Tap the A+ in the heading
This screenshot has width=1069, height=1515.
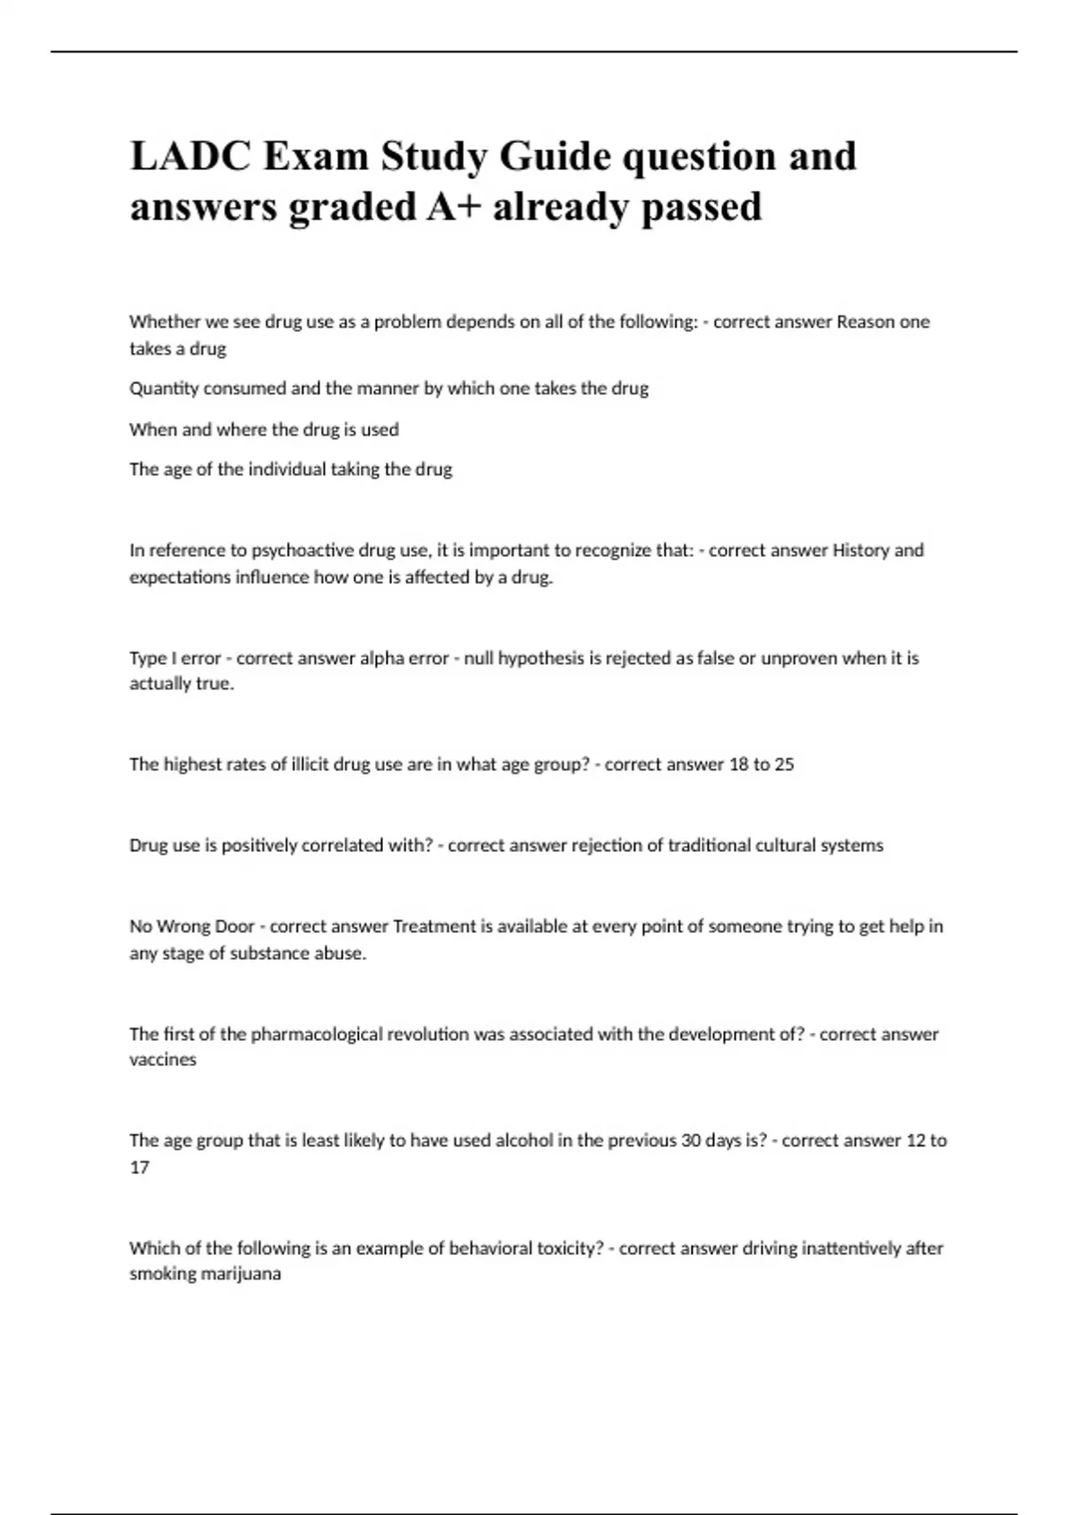[453, 207]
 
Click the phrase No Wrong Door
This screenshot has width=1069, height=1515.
[192, 926]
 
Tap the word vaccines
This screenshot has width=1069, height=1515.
[162, 1060]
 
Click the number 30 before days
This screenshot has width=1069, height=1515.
[690, 1141]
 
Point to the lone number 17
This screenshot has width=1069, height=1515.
[139, 1167]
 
